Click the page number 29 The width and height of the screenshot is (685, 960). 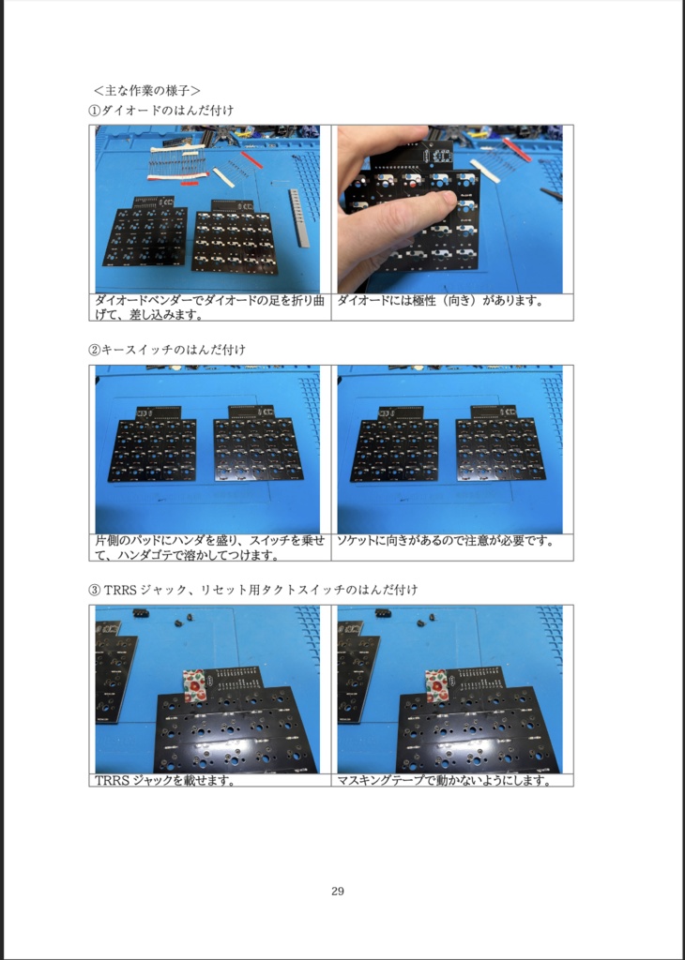tap(337, 891)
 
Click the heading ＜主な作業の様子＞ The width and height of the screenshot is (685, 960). tap(146, 91)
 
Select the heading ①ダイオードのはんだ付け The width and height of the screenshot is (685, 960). tap(161, 110)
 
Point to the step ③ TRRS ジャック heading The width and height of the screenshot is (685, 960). tap(253, 590)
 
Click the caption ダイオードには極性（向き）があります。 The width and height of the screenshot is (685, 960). tap(439, 301)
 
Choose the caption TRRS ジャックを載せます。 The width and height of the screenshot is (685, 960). tap(165, 780)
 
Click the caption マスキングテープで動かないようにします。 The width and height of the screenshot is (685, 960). tap(444, 780)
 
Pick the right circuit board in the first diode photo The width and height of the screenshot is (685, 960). tap(235, 239)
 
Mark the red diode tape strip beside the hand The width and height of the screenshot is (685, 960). tap(515, 147)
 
